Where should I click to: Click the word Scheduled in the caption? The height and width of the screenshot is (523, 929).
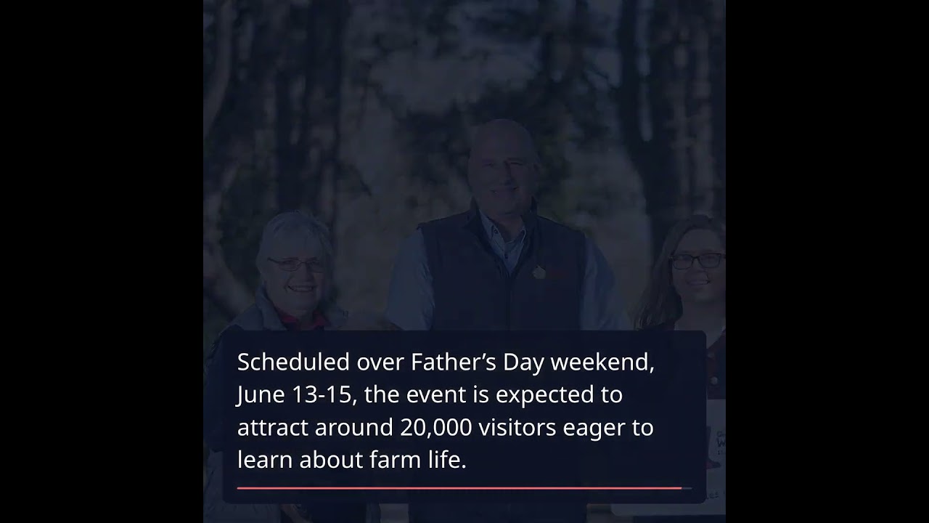coord(292,362)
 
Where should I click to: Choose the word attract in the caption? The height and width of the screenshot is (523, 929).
coord(272,427)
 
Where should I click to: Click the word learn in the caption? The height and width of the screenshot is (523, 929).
coord(265,460)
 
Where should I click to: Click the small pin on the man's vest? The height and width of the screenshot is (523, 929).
coord(538,272)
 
